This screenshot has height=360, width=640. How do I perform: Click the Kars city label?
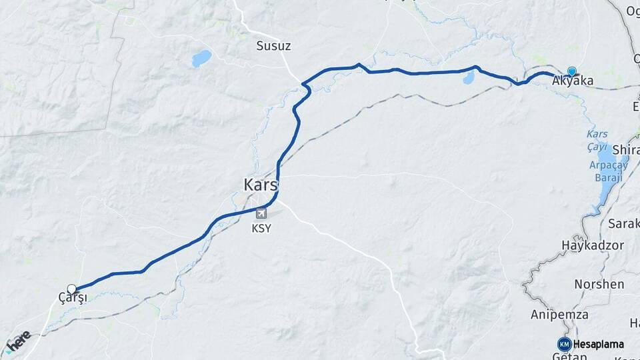click(261, 185)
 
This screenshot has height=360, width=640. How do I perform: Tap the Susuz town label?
click(274, 45)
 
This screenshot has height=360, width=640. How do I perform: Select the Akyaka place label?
click(573, 81)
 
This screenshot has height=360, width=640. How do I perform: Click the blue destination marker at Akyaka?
click(571, 71)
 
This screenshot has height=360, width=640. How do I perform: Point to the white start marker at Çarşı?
click(72, 289)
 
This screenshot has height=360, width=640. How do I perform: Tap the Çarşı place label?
click(73, 298)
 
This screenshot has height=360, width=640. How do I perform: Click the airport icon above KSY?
click(261, 213)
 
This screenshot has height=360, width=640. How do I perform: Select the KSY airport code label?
click(261, 228)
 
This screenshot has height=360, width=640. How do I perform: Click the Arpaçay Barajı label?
click(605, 171)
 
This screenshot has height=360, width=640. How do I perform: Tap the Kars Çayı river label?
click(597, 139)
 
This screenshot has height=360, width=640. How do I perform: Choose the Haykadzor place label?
click(593, 245)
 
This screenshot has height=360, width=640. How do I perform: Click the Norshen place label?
click(599, 284)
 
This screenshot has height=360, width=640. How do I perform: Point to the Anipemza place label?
click(559, 314)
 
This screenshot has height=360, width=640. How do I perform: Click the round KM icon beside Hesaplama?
click(564, 344)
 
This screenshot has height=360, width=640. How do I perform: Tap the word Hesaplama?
click(598, 344)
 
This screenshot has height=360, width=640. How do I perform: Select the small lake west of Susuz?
click(201, 59)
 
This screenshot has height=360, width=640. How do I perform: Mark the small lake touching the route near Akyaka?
click(468, 78)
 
